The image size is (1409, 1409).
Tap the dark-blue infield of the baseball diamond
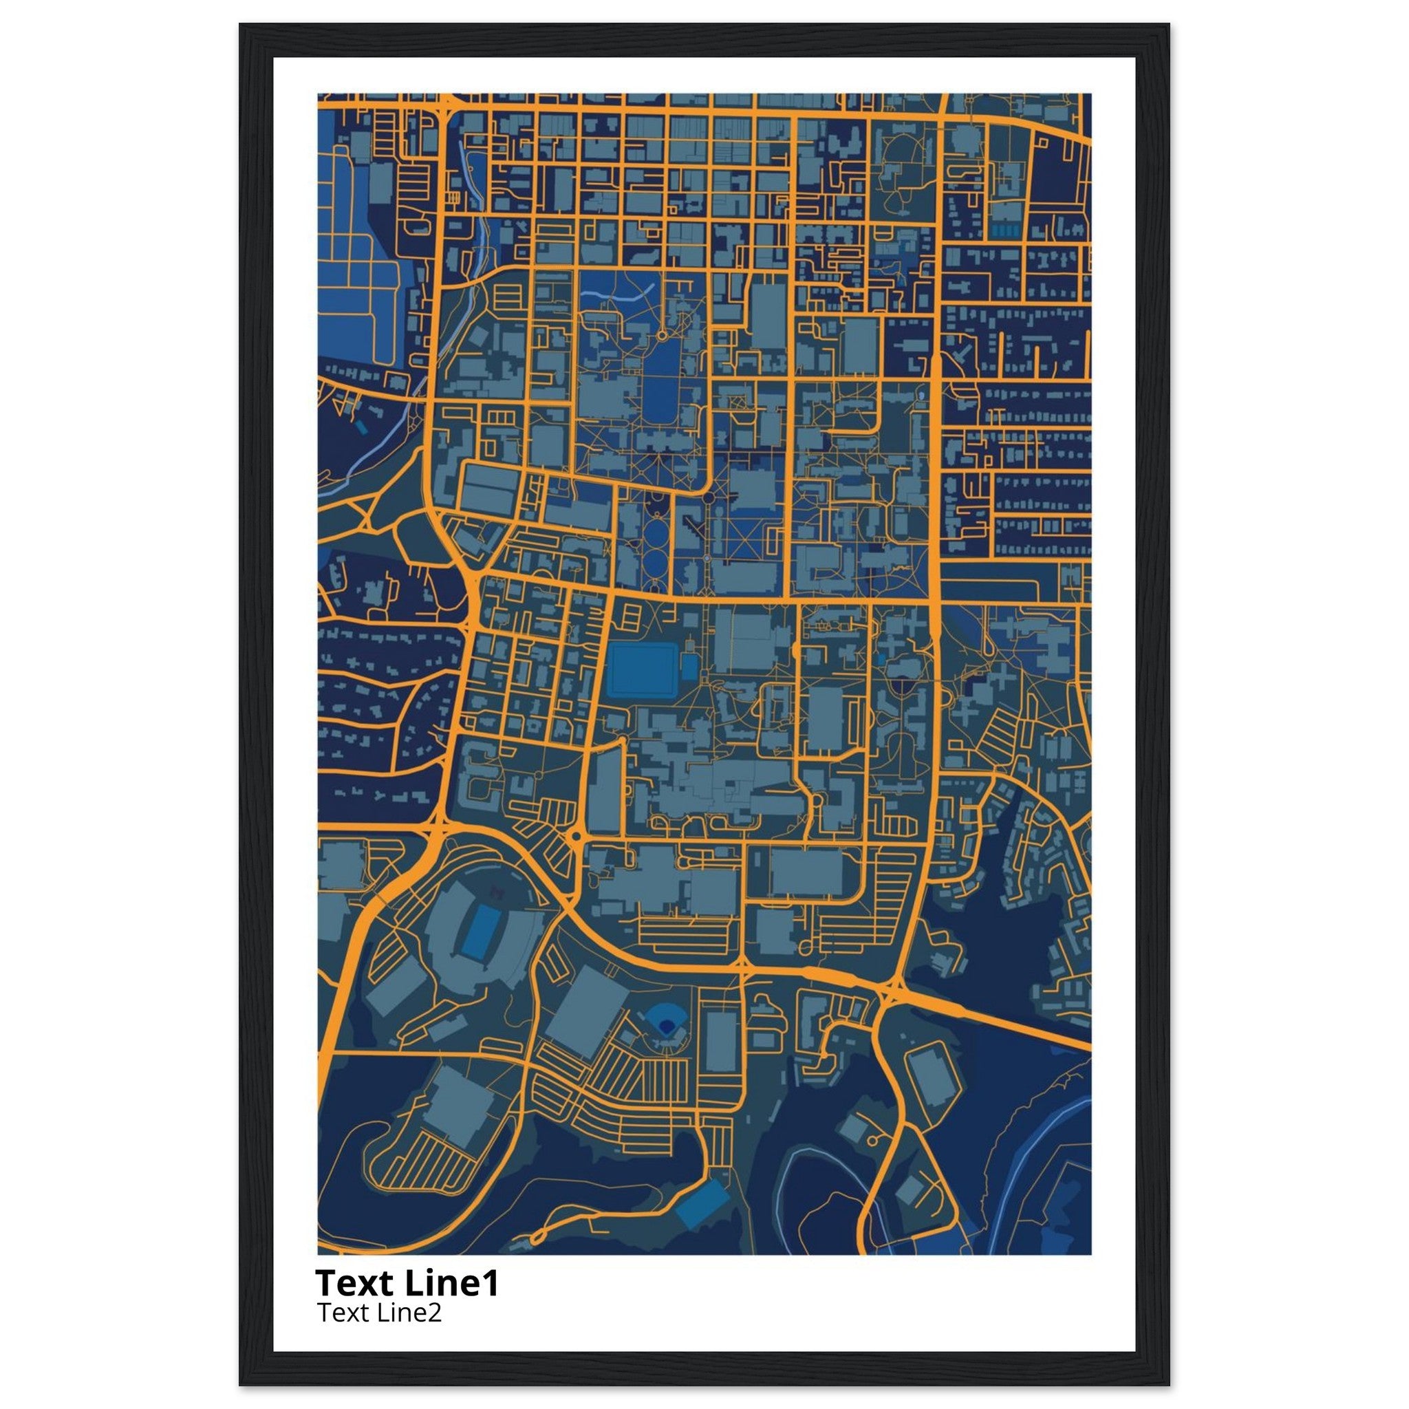click(x=665, y=1027)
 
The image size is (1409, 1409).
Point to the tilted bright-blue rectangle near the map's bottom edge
click(x=702, y=1202)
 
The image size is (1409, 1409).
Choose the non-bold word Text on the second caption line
click(x=343, y=1313)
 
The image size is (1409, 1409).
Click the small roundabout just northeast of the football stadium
click(x=576, y=836)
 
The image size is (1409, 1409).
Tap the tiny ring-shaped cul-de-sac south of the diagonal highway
click(x=872, y=1140)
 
